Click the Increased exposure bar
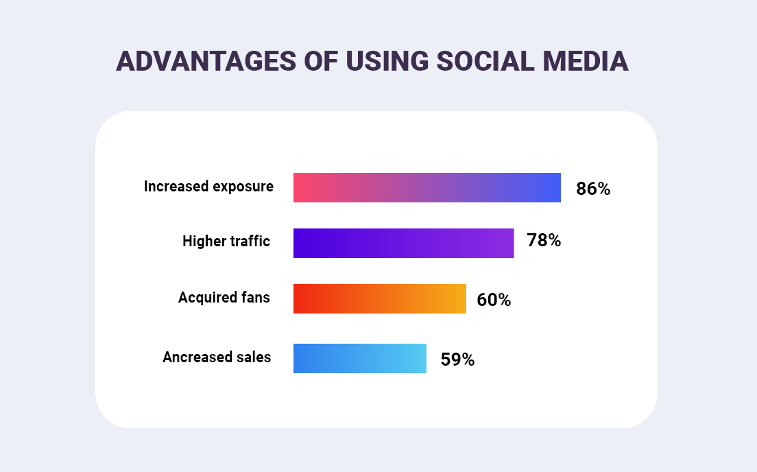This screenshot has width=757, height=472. [x=426, y=187]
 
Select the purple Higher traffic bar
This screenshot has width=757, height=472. [x=404, y=243]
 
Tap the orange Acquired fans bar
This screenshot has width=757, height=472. [x=380, y=298]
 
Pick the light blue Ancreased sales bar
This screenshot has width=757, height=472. [x=360, y=359]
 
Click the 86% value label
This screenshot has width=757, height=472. [x=593, y=189]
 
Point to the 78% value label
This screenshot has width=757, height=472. [x=544, y=240]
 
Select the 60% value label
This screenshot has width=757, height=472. [x=494, y=300]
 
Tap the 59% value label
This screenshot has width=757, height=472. [x=457, y=359]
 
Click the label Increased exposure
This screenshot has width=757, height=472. [x=208, y=187]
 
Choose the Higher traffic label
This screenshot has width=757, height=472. [x=226, y=241]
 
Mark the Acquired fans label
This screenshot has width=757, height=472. [x=224, y=297]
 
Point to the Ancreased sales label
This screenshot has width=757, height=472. [x=217, y=357]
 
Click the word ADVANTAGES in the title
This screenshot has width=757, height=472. [x=206, y=61]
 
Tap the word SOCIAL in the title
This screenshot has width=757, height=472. [x=485, y=61]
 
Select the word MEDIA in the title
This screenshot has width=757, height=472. [x=586, y=61]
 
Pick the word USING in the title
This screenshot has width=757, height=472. [x=387, y=61]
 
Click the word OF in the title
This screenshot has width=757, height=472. [x=321, y=61]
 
